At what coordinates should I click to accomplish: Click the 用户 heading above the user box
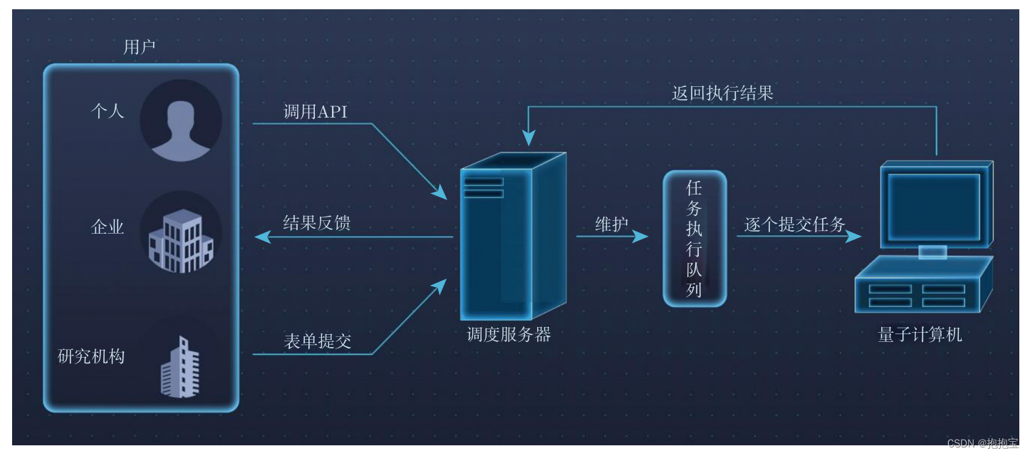coord(140,48)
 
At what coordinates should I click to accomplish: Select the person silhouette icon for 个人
coord(181,120)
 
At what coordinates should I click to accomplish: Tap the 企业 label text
coord(108,227)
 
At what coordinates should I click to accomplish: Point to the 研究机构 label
coord(91,356)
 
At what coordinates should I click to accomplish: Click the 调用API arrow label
coord(316,112)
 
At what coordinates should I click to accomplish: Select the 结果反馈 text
coord(317,223)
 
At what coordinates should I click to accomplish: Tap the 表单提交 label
coord(317,341)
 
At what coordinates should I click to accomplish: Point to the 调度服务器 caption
coord(509,335)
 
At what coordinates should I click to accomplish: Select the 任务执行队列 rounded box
coord(695,239)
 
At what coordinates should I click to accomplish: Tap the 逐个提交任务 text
coord(795,225)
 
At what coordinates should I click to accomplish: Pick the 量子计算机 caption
coord(920,335)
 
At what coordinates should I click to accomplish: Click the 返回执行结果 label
coord(722,93)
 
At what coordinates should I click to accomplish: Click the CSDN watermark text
coord(983,443)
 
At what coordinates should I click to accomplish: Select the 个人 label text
coord(108,110)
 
